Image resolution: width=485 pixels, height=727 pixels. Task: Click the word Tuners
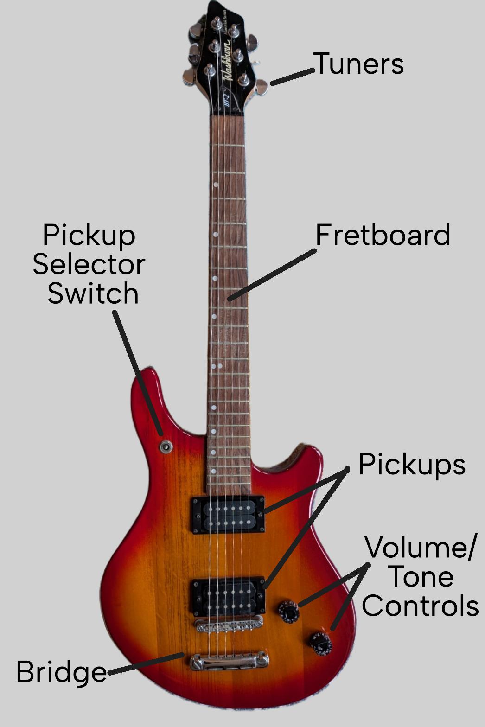pos(358,64)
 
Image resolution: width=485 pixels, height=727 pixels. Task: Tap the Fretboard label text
pos(383,235)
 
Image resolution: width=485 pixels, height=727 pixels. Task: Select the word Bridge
pos(61,672)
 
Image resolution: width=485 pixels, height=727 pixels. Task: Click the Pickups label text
pos(412,464)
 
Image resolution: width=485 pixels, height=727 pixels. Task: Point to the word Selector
pos(89,264)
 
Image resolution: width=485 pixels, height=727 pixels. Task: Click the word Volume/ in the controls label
pos(420,548)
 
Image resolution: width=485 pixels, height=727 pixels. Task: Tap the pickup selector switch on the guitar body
pos(166,447)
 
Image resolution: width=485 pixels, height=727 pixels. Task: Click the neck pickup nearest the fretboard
pos(229,515)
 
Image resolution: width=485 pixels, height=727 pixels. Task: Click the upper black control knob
pos(289,612)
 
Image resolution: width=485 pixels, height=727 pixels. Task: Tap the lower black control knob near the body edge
pos(321,644)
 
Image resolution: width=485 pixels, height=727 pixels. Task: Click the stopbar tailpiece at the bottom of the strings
pos(229,661)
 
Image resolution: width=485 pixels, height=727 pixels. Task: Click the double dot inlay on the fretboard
pos(217,366)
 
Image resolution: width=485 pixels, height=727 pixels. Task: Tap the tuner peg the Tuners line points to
pos(262,87)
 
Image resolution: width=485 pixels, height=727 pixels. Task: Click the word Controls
pos(420,606)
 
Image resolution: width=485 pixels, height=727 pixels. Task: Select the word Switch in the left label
pos(93,293)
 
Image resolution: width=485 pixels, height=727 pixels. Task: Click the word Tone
pos(420,577)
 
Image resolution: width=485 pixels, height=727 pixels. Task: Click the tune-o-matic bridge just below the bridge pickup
pos(229,626)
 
